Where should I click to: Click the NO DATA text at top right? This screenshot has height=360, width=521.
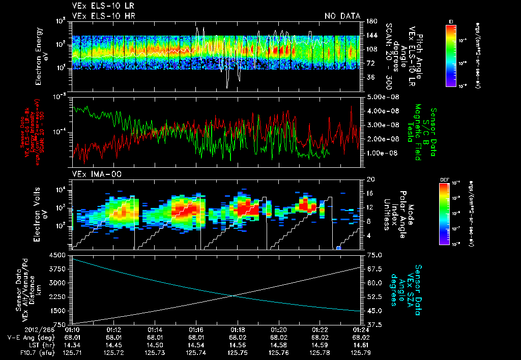tap(342, 16)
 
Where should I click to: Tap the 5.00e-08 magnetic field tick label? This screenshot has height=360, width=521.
tap(381, 97)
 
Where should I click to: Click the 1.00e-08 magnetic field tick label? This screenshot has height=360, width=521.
tap(381, 153)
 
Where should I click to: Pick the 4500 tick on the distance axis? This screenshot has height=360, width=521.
tap(60, 255)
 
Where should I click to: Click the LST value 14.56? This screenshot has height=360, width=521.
tap(238, 344)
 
